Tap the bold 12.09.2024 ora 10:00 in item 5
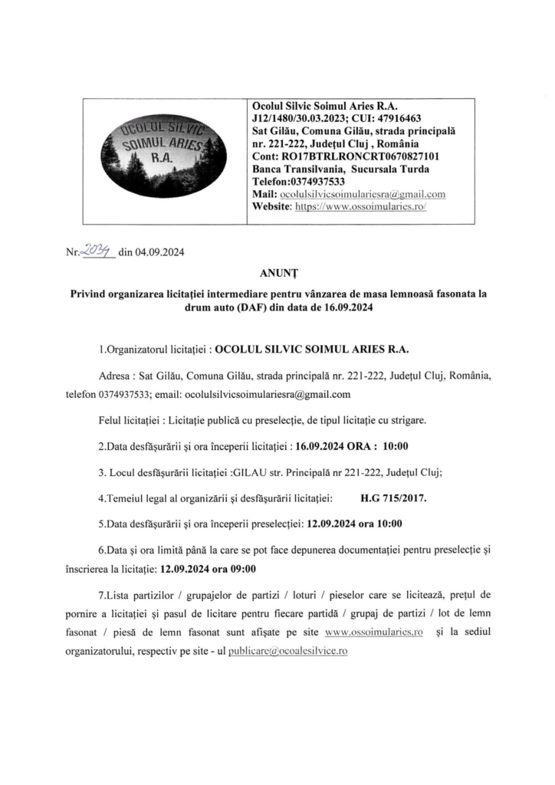356,526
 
